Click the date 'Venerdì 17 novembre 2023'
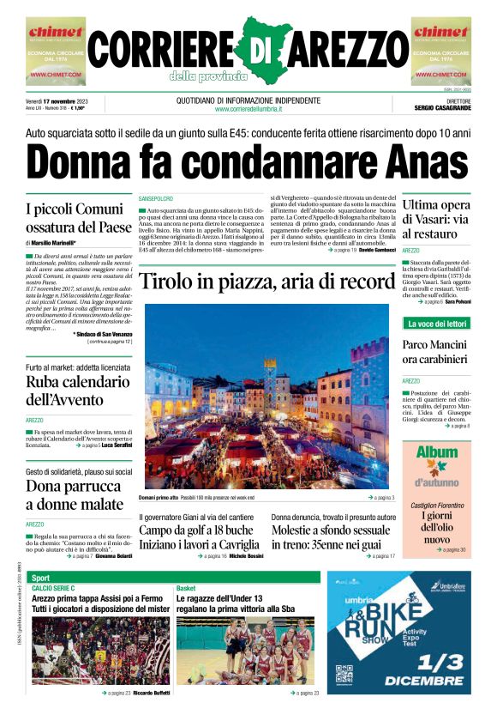tap(63, 100)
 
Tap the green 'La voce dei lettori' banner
tap(436, 324)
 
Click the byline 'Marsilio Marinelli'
tap(59, 244)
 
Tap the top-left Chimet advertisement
tap(56, 51)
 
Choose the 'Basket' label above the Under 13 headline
tap(186, 588)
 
